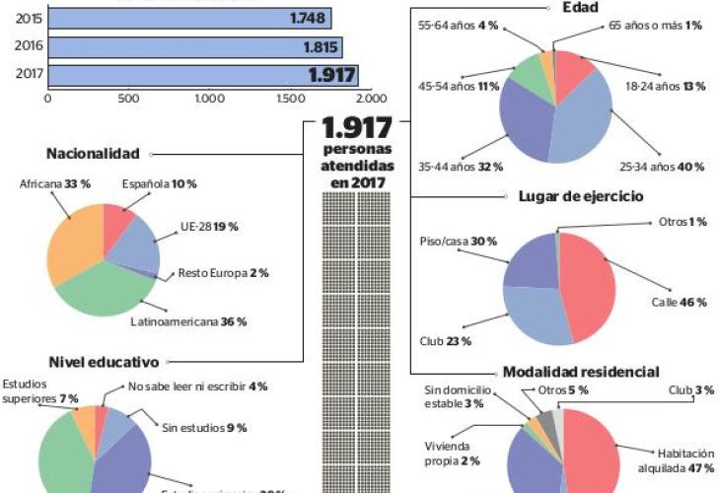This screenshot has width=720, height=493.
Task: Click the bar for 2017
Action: click(202, 75)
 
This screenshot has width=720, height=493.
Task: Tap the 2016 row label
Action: click(29, 46)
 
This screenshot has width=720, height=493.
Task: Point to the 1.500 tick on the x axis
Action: click(290, 99)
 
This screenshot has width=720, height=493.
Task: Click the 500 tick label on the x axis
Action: click(128, 99)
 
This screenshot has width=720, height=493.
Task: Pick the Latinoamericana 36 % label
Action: click(188, 321)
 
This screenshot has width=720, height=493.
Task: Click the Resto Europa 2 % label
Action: click(223, 272)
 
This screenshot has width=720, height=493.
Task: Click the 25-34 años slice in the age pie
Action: click(582, 123)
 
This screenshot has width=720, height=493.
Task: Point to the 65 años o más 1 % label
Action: click(655, 25)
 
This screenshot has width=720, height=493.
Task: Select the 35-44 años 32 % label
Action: click(462, 167)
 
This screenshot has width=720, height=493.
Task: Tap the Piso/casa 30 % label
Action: click(444, 242)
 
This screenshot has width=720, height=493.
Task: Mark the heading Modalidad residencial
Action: click(581, 372)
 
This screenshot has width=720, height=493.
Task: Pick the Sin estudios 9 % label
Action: click(203, 427)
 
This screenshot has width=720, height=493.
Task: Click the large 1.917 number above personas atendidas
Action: click(356, 129)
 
